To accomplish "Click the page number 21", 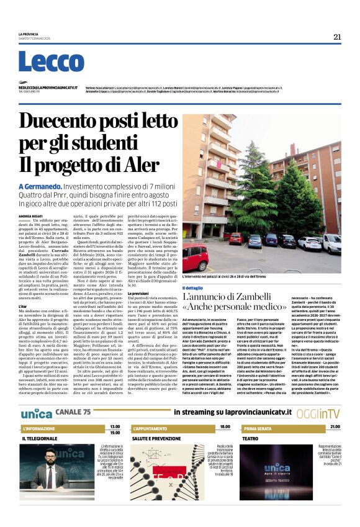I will pos(337,37).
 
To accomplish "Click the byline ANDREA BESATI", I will pos(30,215).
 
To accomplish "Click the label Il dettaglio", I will pos(193,289).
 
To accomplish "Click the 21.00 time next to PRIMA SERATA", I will pos(335,427).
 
